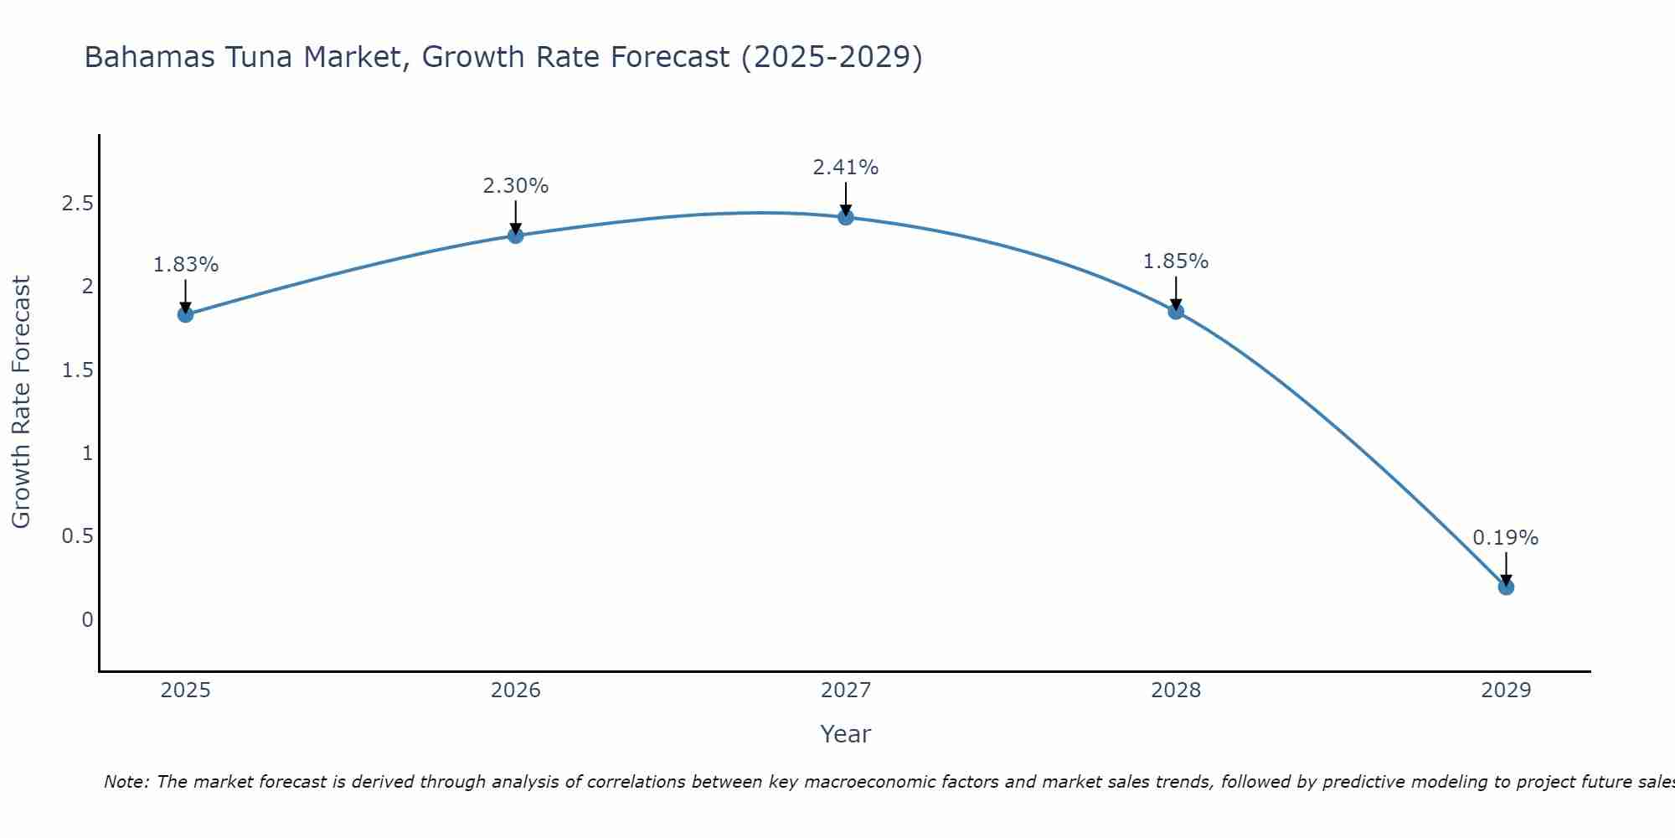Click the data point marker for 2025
tap(186, 314)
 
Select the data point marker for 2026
tap(516, 235)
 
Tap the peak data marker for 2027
tap(846, 217)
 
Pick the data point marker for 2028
tap(1176, 311)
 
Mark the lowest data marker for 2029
tap(1506, 587)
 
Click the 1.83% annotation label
tap(186, 265)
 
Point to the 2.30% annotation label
tap(516, 186)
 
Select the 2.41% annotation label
tap(846, 168)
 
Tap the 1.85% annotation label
tap(1176, 261)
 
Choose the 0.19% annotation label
tap(1506, 538)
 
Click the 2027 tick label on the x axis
tap(846, 691)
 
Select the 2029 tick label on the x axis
tap(1506, 691)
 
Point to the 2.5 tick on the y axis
tap(77, 204)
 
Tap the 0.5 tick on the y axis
tap(77, 536)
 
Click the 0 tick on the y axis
tap(87, 620)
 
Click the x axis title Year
tap(846, 734)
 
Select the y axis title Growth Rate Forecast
tap(21, 402)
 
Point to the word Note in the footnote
tap(125, 782)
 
